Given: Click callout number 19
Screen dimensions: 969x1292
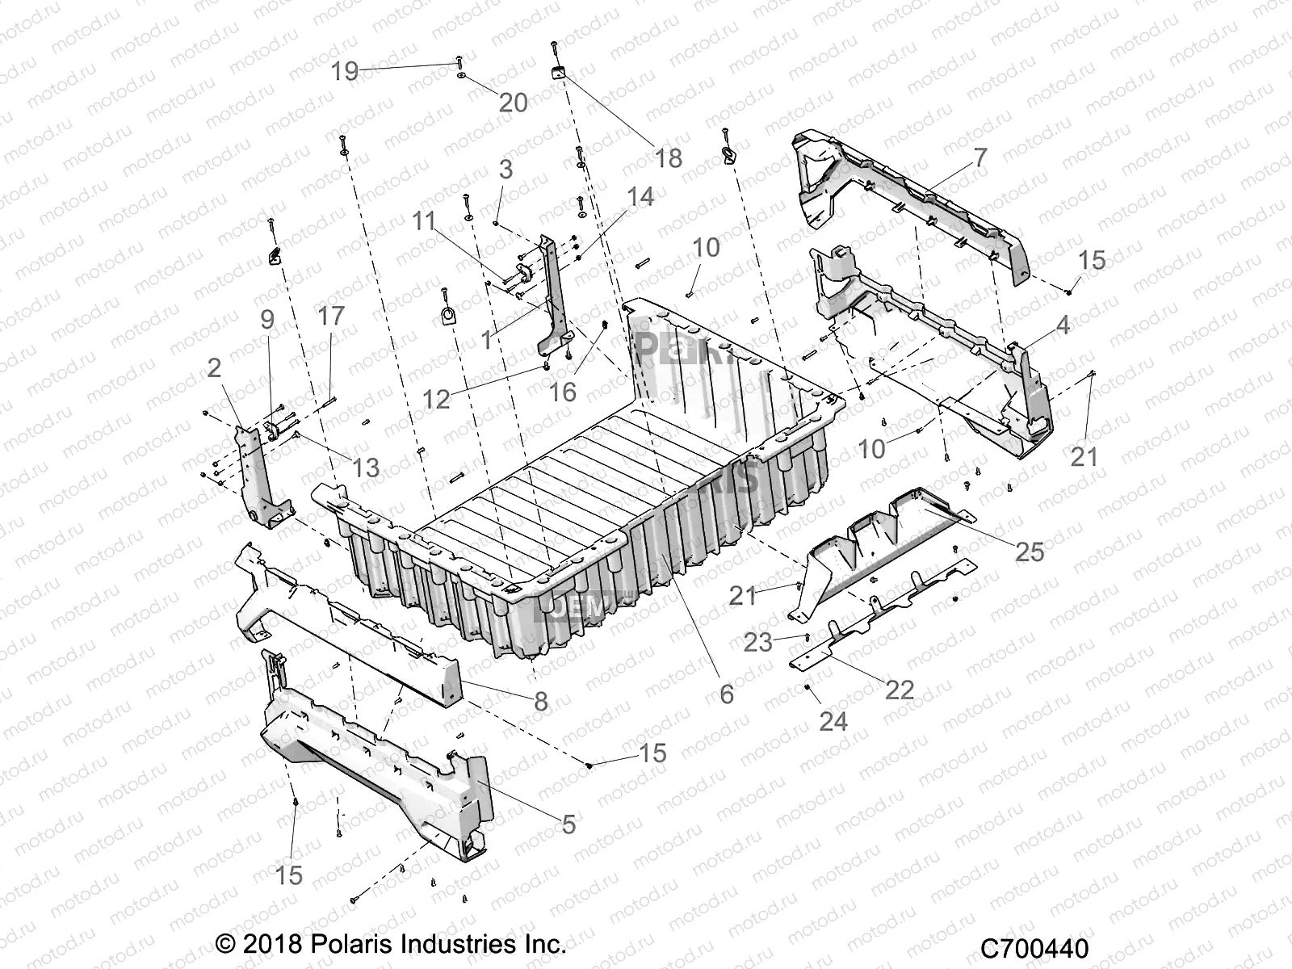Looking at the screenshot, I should (345, 71).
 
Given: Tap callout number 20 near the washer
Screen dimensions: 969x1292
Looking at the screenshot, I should (514, 103).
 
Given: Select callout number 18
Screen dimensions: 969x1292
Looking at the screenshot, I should (669, 157).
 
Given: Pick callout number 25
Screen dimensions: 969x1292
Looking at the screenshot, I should (1030, 552).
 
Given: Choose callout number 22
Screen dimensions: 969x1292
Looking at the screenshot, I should (900, 689).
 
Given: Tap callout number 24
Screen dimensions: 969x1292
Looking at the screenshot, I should (833, 720).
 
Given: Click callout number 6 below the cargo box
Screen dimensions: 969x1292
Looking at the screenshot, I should (727, 693).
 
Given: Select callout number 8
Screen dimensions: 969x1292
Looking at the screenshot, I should (541, 701).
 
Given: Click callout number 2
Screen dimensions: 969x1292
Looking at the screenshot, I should (214, 368).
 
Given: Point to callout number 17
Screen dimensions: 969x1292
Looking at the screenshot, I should (331, 315).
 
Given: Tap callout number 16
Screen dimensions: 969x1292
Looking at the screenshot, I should (563, 392).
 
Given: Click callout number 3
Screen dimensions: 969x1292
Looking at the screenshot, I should (505, 170).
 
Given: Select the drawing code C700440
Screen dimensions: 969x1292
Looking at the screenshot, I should (1035, 948).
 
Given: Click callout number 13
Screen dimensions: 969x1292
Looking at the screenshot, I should (365, 467).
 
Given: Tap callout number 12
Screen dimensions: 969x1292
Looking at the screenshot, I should (436, 398).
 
